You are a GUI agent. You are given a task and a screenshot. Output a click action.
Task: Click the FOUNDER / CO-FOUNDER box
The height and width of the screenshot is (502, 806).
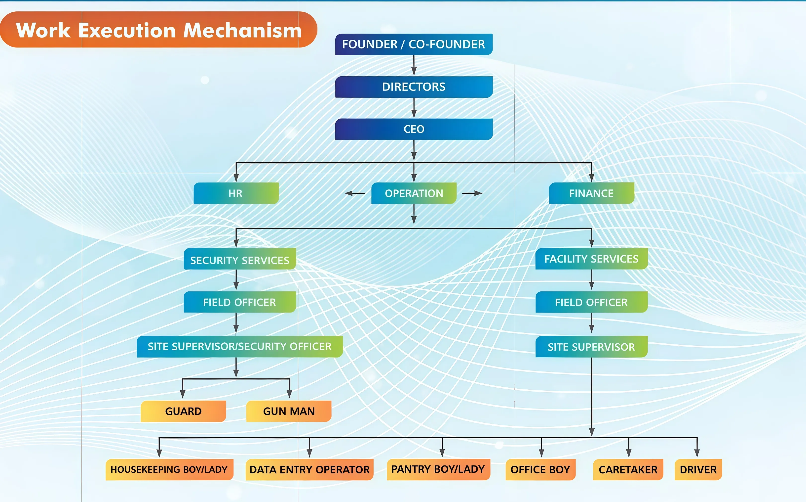tap(414, 44)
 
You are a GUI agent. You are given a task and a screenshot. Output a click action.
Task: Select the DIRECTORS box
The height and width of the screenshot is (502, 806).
tap(414, 87)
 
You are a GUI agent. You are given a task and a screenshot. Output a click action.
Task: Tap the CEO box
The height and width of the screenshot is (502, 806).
tap(414, 129)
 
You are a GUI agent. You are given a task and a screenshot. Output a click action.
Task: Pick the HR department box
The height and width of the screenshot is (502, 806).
tap(236, 193)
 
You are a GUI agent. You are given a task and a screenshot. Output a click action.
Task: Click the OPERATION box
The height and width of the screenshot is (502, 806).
tap(414, 193)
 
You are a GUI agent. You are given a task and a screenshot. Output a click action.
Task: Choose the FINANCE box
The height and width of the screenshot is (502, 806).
tap(591, 193)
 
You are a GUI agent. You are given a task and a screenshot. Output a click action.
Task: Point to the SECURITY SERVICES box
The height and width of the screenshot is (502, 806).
tap(239, 259)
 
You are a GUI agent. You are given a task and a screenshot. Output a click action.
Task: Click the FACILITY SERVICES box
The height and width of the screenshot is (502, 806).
tap(591, 259)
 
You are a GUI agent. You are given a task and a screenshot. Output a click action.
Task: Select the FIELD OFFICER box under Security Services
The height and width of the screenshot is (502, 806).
tap(239, 302)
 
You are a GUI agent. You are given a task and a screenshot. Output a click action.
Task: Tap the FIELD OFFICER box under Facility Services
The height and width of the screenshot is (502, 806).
tap(591, 302)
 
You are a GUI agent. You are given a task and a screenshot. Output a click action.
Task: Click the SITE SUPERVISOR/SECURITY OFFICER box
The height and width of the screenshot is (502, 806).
tap(239, 347)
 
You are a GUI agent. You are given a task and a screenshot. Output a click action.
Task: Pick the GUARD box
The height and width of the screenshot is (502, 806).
tap(183, 411)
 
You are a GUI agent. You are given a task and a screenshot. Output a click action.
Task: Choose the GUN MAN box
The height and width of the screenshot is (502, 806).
tap(289, 411)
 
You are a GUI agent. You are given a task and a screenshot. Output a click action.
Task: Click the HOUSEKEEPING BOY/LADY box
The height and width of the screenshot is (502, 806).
tap(169, 469)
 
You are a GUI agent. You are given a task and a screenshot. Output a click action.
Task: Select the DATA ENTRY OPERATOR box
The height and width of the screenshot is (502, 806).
tap(309, 469)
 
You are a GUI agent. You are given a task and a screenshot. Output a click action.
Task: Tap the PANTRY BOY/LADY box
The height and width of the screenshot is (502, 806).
tap(438, 469)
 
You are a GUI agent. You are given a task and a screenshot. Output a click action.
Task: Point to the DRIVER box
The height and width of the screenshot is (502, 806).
tap(698, 469)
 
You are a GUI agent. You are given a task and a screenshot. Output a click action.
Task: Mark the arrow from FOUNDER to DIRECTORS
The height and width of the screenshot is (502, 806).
tap(414, 66)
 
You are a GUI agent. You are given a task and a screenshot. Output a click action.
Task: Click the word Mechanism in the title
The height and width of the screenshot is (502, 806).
tap(242, 31)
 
